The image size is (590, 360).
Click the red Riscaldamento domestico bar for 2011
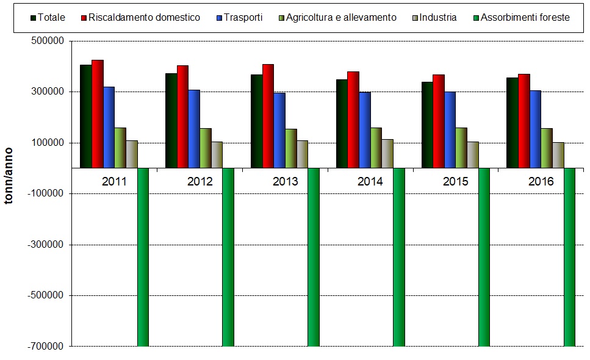(97, 113)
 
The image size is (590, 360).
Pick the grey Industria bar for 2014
(387, 153)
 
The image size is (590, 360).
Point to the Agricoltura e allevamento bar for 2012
(205, 148)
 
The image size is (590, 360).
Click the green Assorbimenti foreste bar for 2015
(484, 256)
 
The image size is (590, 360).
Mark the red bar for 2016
(524, 120)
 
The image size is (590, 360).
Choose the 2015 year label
(455, 182)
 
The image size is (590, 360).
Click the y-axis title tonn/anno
(10, 177)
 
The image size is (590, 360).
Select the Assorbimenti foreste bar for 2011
(143, 256)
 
